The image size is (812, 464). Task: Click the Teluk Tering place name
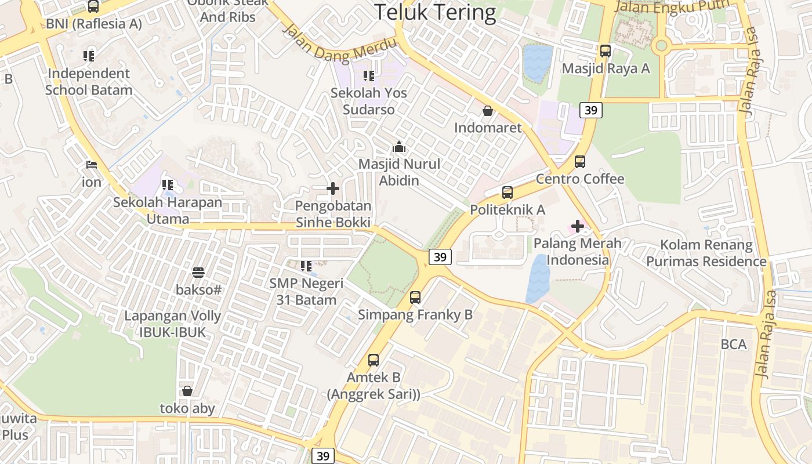435,12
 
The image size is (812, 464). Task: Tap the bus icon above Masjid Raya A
606,51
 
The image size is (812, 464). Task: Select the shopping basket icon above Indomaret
488,110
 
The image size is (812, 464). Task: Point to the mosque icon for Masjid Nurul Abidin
399,147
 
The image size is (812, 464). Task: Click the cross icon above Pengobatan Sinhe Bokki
333,188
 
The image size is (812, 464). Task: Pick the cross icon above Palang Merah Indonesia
578,226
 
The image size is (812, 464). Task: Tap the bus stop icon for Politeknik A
507,193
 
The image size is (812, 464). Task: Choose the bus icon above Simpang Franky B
415,298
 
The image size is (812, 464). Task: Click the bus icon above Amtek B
374,360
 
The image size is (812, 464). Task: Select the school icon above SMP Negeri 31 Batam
306,266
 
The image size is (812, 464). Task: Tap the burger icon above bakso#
198,272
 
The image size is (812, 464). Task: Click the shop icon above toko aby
187,391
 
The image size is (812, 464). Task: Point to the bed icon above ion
91,165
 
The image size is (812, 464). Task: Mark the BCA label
734,345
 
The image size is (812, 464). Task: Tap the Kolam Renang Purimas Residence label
706,253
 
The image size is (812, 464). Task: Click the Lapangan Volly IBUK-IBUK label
173,324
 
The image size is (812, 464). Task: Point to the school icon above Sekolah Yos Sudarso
369,75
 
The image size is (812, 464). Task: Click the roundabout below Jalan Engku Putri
660,45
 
